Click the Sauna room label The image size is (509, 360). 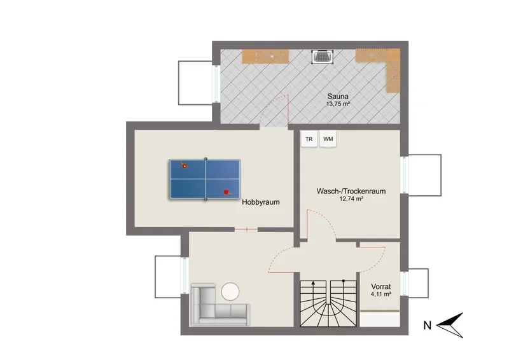coord(338,97)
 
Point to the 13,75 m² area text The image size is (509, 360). coord(338,104)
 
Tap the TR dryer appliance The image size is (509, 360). coord(309,139)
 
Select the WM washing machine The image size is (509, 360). coord(328,139)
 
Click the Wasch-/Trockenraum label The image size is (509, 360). coord(351,191)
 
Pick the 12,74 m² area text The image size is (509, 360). coord(351,199)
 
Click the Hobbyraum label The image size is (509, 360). coord(261,202)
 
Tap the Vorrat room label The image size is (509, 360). coord(380,287)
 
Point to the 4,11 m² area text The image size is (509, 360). coord(380,294)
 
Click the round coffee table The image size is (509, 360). coord(230,291)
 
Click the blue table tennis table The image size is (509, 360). coord(205,179)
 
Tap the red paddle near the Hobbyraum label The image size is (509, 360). coord(227,193)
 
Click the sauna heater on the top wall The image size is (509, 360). coord(322,57)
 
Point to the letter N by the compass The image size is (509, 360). coord(427,325)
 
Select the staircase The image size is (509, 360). coord(328,303)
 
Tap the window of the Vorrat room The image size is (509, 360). coord(405,283)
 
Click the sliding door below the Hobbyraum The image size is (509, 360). coord(246,230)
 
